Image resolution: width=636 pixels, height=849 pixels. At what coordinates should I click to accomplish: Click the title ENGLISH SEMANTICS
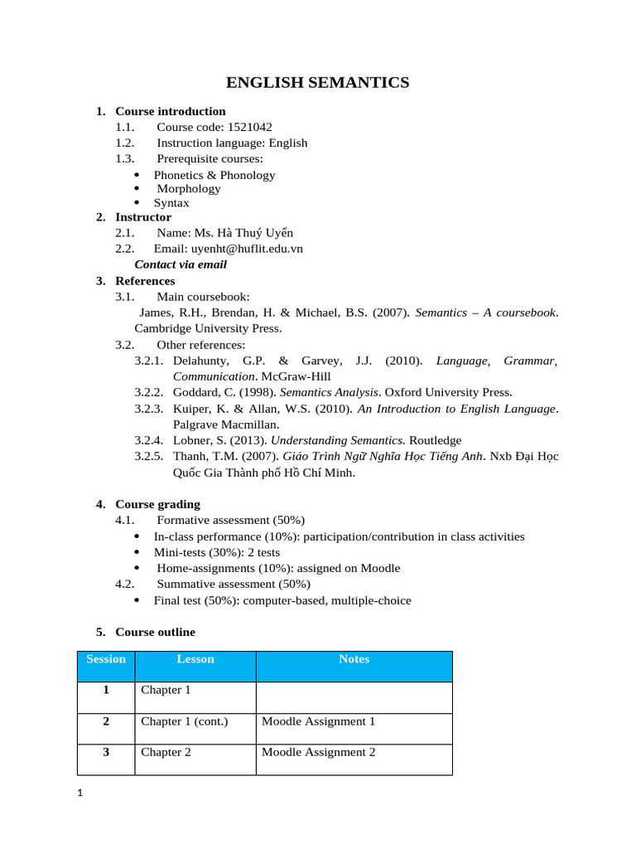[318, 82]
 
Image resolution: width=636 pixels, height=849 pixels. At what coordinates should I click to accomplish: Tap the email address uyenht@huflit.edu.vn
[247, 249]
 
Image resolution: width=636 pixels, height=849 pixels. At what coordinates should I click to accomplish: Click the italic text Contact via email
[181, 264]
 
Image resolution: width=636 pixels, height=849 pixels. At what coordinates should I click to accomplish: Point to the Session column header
[106, 659]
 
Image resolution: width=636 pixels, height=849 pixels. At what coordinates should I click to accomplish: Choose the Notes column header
[354, 659]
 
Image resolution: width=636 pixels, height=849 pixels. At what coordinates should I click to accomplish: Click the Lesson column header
[195, 659]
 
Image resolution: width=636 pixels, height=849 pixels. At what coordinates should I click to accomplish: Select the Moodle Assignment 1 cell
[318, 721]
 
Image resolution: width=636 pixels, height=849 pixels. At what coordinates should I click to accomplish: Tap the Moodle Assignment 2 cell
[318, 752]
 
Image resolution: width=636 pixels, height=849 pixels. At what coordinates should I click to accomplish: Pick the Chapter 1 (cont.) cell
[185, 721]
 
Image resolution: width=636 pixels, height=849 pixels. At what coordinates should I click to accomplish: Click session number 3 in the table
[106, 752]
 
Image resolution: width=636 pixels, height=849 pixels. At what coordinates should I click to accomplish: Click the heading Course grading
[157, 504]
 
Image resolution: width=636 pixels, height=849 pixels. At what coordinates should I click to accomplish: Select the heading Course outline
[155, 632]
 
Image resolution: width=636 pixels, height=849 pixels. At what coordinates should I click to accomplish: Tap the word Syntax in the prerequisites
[171, 202]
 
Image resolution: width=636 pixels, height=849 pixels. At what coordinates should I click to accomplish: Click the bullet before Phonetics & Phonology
[137, 176]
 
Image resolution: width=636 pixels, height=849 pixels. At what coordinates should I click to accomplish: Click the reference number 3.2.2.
[149, 392]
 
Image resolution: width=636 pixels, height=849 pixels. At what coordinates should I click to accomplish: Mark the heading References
[145, 281]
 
